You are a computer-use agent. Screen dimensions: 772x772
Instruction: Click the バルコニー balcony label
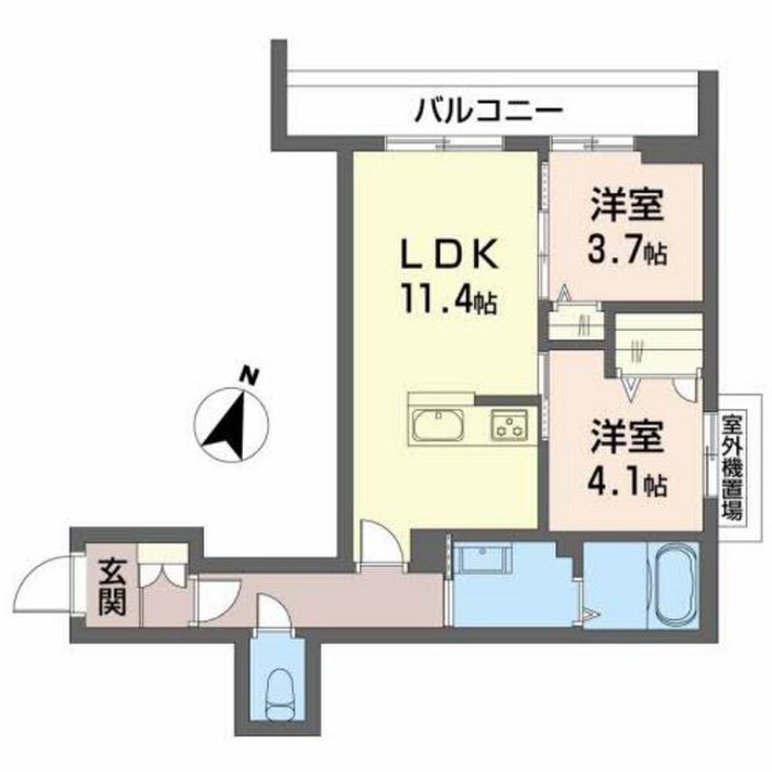488,111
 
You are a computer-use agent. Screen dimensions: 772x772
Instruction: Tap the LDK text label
449,255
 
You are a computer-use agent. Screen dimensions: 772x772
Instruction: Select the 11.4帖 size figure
449,299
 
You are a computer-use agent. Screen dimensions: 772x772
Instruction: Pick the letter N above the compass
250,376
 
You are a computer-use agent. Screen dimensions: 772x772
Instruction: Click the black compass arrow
226,425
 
